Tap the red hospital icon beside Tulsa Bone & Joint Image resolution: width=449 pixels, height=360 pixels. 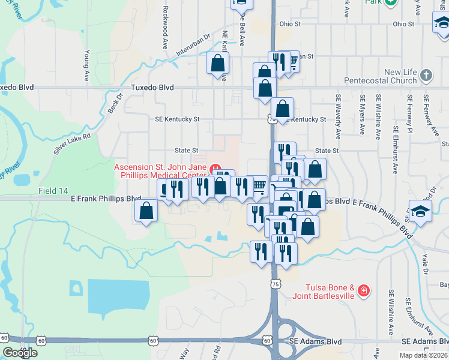coord(363,292)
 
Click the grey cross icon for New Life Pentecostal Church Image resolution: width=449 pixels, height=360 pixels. coord(426,76)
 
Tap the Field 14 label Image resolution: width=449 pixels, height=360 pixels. coord(53,191)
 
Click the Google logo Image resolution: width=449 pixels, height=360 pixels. coord(19,353)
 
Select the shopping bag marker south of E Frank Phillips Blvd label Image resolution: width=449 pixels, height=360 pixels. coord(146,211)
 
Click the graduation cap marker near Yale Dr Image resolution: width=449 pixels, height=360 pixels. coord(420,211)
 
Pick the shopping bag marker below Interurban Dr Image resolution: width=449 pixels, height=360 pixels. coord(217,62)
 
